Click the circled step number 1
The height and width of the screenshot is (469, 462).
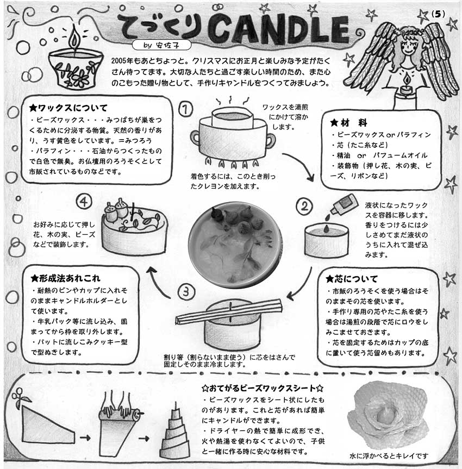(x=186, y=109)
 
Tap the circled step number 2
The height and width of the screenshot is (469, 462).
(x=304, y=206)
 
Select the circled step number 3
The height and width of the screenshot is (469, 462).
(x=186, y=291)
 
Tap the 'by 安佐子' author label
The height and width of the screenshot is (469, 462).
(x=161, y=45)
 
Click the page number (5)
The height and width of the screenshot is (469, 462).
(x=438, y=14)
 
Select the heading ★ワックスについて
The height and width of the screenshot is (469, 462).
(x=68, y=108)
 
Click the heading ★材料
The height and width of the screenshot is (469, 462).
(x=349, y=122)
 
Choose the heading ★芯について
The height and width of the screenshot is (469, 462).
(x=352, y=279)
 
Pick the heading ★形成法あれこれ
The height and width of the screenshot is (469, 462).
(x=65, y=278)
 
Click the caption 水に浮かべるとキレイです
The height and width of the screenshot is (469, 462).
(x=389, y=456)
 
